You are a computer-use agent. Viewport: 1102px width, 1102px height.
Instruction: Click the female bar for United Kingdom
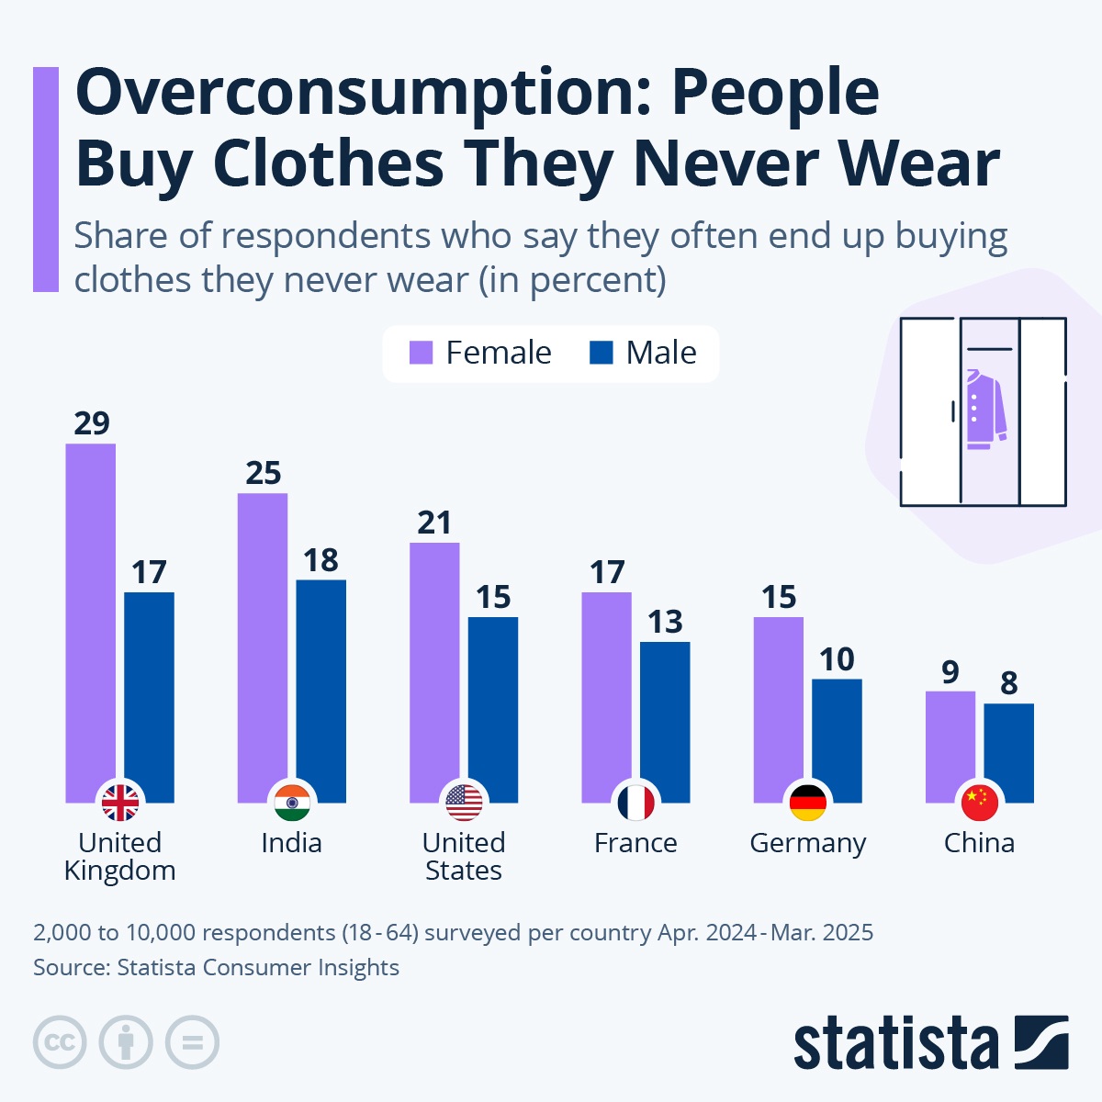pos(91,615)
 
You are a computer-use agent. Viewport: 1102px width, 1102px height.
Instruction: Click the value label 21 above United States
pos(434,523)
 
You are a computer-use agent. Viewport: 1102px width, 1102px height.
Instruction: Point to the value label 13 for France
pos(665,622)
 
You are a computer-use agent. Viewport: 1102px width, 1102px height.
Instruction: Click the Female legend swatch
pos(422,353)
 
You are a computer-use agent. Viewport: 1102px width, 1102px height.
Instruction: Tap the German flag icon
pos(808,803)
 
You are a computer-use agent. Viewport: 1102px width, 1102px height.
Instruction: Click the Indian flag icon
pos(292,803)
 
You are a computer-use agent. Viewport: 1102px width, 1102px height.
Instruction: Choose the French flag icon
pos(635,803)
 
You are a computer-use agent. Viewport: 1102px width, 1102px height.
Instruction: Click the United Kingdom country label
pos(120,856)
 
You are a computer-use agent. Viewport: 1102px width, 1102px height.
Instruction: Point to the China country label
pos(979,843)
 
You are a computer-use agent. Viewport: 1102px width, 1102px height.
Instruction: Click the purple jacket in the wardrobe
pos(985,410)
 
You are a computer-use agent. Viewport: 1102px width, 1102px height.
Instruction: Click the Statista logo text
pos(895,1044)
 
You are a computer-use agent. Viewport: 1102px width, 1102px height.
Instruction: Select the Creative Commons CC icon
pos(60,1042)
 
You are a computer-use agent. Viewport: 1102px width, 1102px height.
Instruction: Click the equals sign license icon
pos(192,1042)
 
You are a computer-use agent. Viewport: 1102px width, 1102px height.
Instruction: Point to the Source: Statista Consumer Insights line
pos(216,967)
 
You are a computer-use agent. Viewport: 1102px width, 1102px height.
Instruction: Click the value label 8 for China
pos(1008,683)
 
